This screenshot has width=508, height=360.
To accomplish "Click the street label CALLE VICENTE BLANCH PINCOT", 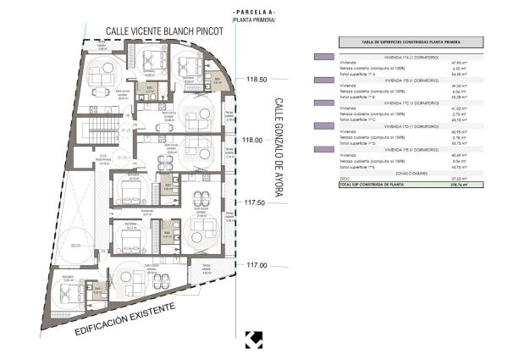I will click(163, 31).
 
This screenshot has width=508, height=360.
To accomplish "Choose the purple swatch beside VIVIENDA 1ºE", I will click(322, 150).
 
